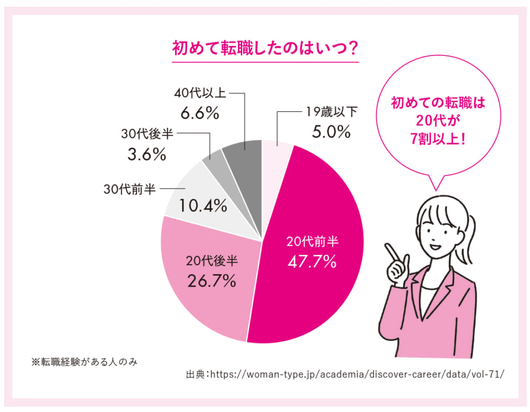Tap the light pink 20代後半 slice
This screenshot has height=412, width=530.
click(x=207, y=290)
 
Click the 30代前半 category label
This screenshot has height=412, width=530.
click(x=129, y=189)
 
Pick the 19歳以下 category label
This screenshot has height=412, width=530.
click(x=331, y=111)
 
